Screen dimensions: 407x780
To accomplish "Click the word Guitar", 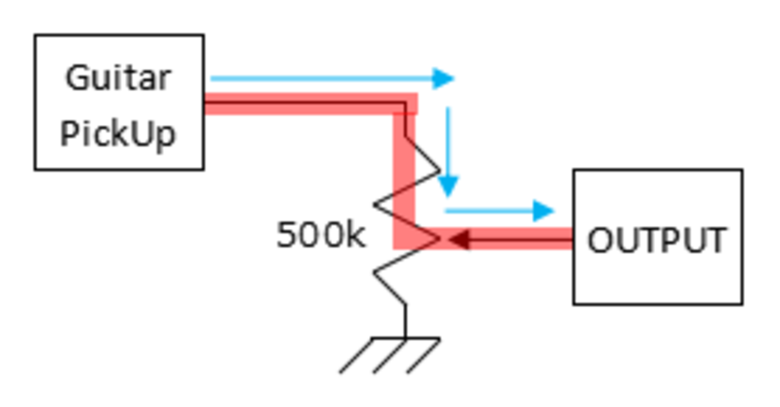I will (118, 79).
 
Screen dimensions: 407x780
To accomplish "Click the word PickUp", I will (118, 133).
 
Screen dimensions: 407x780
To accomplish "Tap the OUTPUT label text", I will (657, 240).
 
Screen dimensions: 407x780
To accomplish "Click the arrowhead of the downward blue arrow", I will (448, 186).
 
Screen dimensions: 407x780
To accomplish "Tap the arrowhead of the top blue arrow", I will (443, 79).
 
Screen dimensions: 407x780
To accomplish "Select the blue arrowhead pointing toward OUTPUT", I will (544, 211).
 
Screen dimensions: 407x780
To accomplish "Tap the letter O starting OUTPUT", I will (600, 240).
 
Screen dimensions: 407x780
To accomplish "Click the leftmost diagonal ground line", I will (357, 355).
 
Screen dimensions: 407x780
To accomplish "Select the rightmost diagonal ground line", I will (424, 355).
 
